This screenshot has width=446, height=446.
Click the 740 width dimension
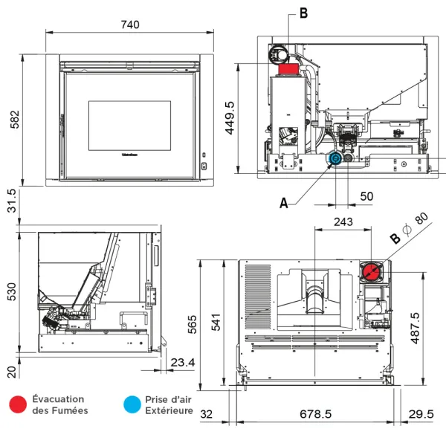(x=129, y=24)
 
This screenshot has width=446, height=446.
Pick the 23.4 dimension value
(x=183, y=362)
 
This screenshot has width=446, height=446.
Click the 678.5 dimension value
(x=316, y=414)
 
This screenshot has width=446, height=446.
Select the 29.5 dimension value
(x=421, y=414)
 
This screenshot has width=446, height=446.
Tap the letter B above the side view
(x=303, y=13)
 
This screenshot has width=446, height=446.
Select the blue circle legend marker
(x=132, y=404)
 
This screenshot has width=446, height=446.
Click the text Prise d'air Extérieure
(x=169, y=404)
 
